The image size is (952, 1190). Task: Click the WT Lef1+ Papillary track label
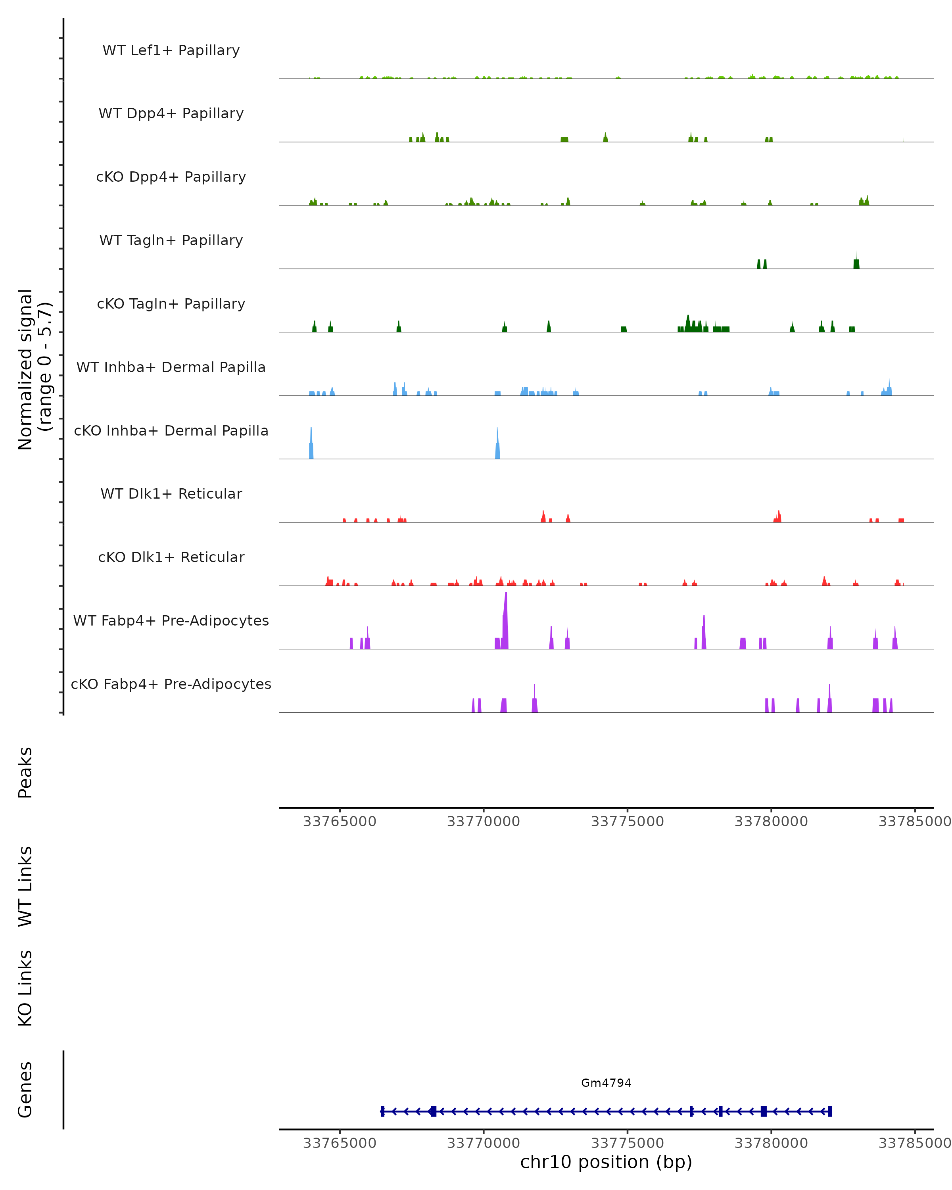(171, 50)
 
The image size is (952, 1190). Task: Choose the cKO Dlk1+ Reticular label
(171, 557)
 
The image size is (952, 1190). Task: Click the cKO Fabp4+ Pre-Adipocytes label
(171, 684)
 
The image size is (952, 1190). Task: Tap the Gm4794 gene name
(606, 1083)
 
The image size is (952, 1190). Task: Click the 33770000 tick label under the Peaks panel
(484, 821)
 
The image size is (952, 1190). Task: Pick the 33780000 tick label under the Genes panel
(771, 1143)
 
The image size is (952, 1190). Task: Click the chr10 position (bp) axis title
(606, 1162)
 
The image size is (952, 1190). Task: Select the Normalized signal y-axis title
(34, 369)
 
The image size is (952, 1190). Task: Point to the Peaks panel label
(25, 773)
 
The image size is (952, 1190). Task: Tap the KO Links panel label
(25, 988)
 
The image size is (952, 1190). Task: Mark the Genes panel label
(25, 1090)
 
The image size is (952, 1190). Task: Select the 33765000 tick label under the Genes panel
(340, 1143)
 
